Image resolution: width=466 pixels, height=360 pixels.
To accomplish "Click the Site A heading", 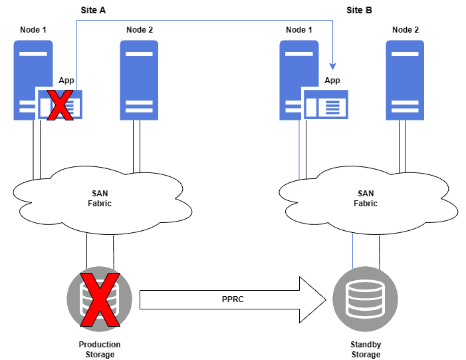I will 92,10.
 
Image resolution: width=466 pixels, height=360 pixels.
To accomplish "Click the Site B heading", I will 359,10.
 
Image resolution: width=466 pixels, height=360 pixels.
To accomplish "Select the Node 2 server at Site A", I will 139,80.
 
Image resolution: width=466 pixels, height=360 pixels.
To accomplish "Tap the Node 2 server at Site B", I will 405,80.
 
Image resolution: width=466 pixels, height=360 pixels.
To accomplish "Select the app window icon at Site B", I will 326,105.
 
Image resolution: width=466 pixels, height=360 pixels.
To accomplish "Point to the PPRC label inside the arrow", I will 233,299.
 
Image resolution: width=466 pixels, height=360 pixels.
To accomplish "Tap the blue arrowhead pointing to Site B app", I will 332,67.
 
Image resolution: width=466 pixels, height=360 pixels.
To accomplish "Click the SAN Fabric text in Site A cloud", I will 100,198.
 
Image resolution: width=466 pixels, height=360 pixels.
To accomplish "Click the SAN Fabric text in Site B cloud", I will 365,198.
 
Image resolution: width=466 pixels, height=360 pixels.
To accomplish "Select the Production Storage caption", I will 100,349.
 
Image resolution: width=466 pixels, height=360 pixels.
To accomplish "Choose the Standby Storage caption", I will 365,349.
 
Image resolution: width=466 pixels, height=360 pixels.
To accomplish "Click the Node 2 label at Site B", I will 406,30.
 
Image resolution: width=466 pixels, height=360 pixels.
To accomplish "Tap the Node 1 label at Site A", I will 33,30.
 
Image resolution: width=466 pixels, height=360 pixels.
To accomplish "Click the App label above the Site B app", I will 332,81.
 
